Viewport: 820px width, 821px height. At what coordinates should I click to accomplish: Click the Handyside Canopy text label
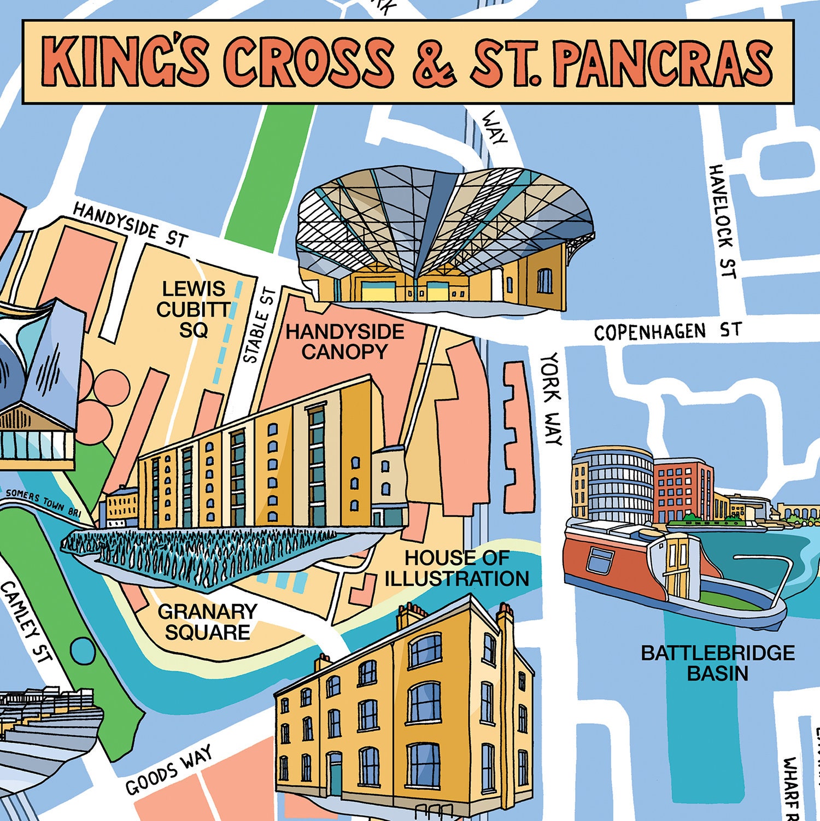click(344, 342)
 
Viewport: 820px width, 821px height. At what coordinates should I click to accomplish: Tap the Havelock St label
click(723, 221)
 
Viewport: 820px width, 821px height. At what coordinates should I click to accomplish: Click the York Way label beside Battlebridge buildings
click(551, 398)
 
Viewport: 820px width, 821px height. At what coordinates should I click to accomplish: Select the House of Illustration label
click(456, 568)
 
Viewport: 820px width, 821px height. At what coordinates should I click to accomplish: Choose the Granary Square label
click(207, 621)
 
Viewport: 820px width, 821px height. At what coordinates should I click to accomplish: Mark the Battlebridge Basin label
click(717, 662)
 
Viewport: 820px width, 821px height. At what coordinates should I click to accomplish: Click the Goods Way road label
click(168, 771)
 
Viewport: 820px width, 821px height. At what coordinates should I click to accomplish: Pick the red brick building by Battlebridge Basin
click(683, 489)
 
